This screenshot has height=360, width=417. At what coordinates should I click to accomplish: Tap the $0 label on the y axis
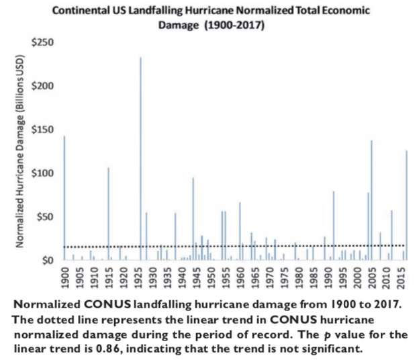(x=48, y=260)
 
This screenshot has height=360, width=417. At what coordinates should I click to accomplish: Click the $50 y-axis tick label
(x=45, y=217)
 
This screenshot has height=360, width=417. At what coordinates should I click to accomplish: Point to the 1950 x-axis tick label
(x=211, y=276)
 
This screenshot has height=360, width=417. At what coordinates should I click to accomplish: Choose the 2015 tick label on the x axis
(x=400, y=276)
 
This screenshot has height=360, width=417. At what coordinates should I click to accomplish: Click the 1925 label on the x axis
(x=138, y=276)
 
